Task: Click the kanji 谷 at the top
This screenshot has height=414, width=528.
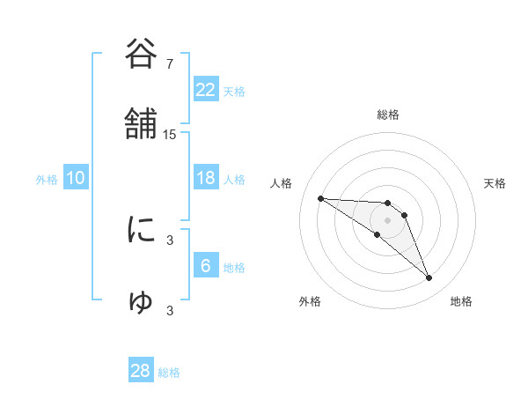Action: coord(142,54)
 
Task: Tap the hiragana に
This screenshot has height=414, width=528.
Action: coord(142,231)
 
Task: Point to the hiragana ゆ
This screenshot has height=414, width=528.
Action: coord(142,301)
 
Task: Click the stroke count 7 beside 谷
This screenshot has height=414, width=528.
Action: coord(170,63)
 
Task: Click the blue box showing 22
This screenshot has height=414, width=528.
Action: coord(206,90)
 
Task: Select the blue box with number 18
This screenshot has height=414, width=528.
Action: coord(206,178)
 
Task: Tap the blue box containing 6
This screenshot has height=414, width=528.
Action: coord(206,266)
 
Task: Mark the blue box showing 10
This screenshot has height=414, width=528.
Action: coord(76,178)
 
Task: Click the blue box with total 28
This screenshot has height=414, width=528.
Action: coord(141,371)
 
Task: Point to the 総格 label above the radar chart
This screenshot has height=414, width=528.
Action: coord(388,115)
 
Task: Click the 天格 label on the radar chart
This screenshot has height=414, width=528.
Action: coord(495,183)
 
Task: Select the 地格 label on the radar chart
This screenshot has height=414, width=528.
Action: coord(461,302)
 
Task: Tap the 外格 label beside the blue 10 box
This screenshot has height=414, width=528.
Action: coord(47,179)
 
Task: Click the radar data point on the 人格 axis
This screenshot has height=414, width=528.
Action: coord(320,198)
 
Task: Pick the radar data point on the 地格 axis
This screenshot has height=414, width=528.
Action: coord(429,278)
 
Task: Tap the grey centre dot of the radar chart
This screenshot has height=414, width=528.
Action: coord(388,219)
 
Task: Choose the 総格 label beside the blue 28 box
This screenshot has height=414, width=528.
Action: coord(169,373)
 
